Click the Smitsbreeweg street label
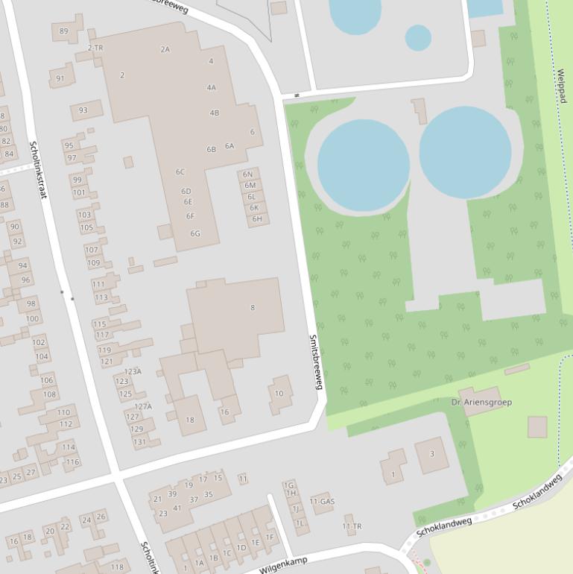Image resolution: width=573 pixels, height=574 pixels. tap(316, 362)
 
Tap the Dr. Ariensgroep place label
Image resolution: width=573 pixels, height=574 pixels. tap(481, 403)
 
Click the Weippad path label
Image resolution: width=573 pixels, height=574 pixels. tap(560, 91)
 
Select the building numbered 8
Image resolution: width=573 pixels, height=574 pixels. tap(253, 307)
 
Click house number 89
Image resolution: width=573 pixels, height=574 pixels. tap(63, 31)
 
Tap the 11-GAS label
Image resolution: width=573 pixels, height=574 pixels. tap(322, 502)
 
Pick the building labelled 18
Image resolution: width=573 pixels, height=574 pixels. tap(190, 420)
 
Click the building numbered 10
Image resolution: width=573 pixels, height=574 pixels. tap(279, 394)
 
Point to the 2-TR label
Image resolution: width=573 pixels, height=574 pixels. tap(95, 48)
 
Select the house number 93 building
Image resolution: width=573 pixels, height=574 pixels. tap(83, 110)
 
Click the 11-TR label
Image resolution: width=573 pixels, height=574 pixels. tap(352, 526)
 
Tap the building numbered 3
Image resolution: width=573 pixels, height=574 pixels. tap(432, 454)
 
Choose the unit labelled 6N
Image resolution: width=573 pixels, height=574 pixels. tap(249, 174)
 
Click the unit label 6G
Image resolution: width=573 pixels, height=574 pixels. tap(195, 233)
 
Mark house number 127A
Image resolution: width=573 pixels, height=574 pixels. tap(143, 406)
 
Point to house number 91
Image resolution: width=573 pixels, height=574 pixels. tap(60, 78)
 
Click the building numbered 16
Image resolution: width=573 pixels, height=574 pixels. tap(224, 411)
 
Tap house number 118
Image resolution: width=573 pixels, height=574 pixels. tap(117, 567)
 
